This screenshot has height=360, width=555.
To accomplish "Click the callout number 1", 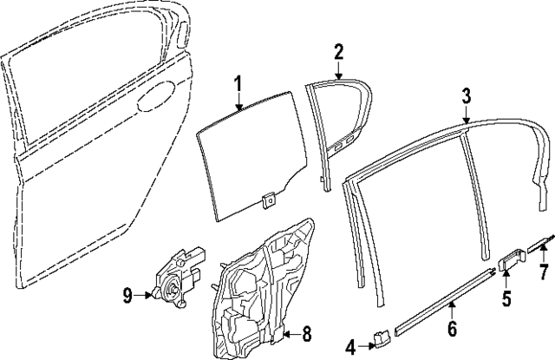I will click(237, 85).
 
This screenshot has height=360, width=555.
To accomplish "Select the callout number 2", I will click(339, 51).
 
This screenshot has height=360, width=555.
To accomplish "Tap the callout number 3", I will click(466, 95).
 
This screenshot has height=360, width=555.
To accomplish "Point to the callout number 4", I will click(350, 346).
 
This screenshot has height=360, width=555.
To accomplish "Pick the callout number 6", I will click(452, 330).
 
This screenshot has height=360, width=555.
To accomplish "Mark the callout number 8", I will click(305, 332).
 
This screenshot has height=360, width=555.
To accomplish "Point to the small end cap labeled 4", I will click(379, 338).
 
